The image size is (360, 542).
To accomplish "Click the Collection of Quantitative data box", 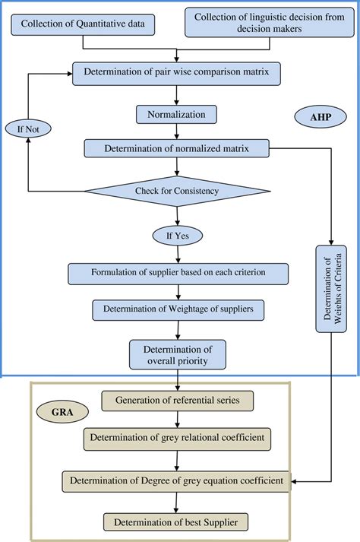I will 84,24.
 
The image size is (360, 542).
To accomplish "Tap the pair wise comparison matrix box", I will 177,73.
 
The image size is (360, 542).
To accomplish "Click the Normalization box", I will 177,114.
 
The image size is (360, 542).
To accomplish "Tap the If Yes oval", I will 177,234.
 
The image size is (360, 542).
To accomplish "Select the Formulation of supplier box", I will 177,273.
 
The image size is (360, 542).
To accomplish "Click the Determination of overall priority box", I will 177,354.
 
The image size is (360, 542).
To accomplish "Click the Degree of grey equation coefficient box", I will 177,480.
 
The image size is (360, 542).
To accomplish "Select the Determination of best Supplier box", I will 177,522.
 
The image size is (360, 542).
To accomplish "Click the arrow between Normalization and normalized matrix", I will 177,132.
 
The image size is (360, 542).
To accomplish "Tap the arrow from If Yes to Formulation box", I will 177,253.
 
